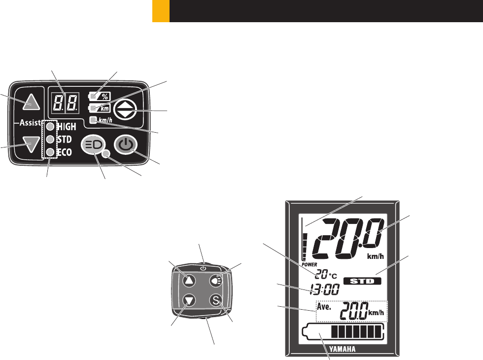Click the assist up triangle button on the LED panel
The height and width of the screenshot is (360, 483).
tap(32, 103)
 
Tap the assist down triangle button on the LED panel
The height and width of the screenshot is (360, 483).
tap(32, 144)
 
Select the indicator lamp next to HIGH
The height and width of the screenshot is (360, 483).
tap(50, 126)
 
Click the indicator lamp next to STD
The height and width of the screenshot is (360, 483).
tap(50, 139)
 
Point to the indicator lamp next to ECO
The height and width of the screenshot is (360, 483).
tap(50, 152)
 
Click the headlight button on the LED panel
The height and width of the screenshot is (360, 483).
tap(93, 144)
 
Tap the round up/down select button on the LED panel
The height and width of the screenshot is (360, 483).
tap(125, 109)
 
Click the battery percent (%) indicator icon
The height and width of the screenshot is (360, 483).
tap(99, 97)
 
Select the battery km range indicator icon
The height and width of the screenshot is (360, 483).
tap(99, 108)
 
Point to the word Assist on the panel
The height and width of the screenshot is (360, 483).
tap(30, 123)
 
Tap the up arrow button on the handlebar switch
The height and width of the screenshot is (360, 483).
tap(189, 281)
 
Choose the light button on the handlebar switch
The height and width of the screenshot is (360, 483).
tap(216, 281)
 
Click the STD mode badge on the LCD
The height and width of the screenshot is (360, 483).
tap(362, 281)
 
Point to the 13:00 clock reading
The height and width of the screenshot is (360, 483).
tap(325, 289)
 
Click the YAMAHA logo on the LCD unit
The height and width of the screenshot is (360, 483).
tap(342, 349)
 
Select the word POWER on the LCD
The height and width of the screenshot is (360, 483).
tap(310, 264)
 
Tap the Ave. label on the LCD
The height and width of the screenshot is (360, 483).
tap(324, 307)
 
